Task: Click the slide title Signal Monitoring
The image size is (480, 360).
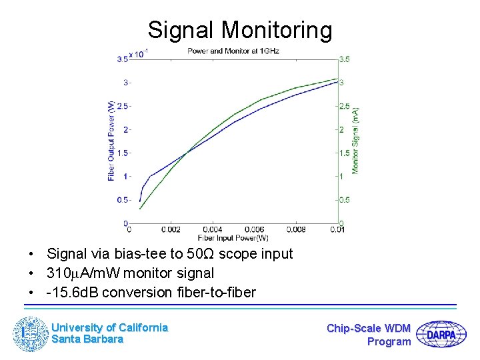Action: click(239, 30)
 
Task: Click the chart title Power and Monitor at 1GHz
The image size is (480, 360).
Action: click(233, 51)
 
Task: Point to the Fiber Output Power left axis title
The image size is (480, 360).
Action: click(111, 141)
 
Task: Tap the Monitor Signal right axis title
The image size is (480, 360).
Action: click(356, 141)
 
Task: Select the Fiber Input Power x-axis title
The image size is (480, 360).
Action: click(233, 238)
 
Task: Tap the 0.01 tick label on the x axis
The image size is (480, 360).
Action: click(338, 230)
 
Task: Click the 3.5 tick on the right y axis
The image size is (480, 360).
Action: click(345, 59)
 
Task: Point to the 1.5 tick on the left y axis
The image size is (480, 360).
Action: click(123, 153)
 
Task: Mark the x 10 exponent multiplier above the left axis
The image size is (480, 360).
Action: click(139, 54)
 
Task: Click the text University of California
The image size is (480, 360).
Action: click(109, 327)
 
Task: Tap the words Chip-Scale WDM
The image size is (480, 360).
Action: click(369, 328)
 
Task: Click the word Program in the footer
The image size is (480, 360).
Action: click(389, 341)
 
